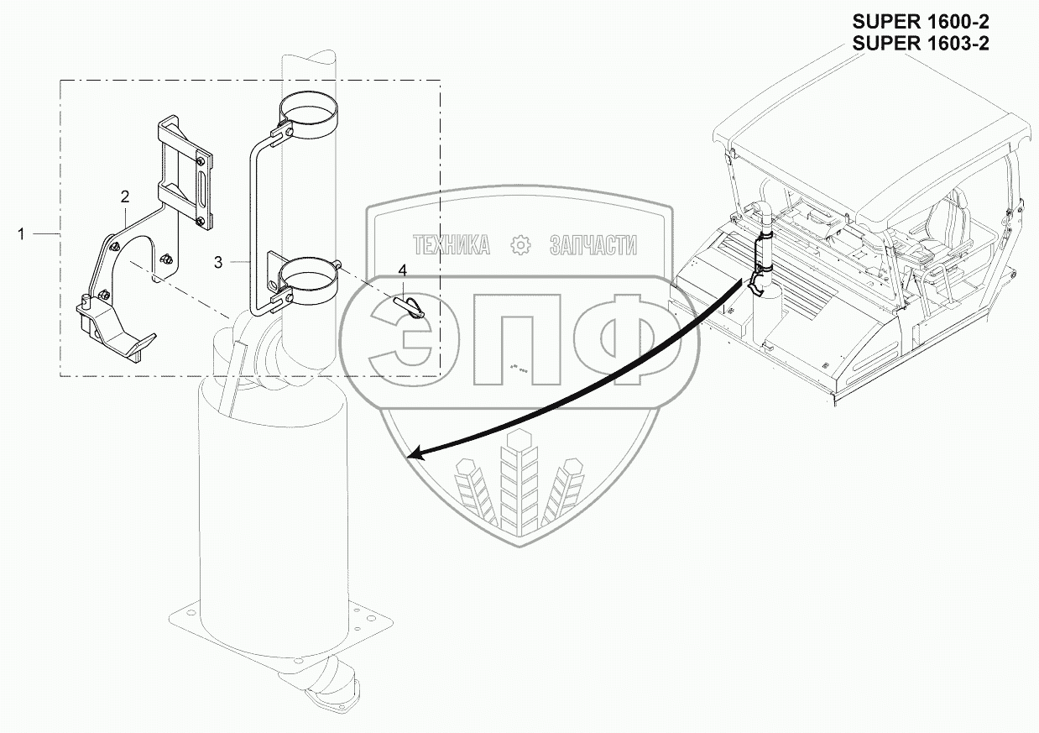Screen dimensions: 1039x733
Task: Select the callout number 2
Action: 125,197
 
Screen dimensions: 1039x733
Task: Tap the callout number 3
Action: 218,262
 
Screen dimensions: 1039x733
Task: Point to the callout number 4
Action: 403,270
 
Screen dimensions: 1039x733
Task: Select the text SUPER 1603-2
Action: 920,45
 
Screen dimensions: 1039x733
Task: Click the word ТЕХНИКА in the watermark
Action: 452,245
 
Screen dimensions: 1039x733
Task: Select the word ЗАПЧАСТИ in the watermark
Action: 593,245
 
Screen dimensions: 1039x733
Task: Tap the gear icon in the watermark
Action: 521,245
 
